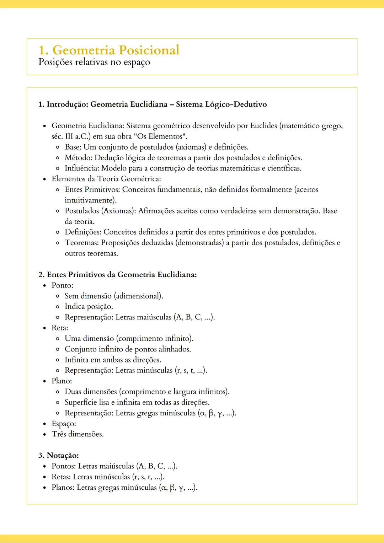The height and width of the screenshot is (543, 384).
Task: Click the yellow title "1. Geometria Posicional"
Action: click(x=109, y=50)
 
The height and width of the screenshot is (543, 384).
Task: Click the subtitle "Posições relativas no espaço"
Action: click(x=94, y=62)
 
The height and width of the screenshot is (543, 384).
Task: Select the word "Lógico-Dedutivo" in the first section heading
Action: click(x=236, y=104)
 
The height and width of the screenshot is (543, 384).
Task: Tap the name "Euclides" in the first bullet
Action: click(x=263, y=126)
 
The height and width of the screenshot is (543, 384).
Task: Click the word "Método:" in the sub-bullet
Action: click(x=79, y=158)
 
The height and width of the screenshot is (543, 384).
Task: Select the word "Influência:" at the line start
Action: click(x=82, y=168)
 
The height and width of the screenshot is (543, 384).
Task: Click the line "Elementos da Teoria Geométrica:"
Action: click(x=106, y=179)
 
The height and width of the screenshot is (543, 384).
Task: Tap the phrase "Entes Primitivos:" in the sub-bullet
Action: click(x=92, y=190)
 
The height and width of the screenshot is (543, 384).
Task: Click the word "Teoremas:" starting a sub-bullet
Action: click(x=82, y=243)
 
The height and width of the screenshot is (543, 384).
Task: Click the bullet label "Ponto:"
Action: click(x=62, y=285)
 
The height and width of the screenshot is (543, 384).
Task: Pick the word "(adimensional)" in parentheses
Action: click(x=138, y=296)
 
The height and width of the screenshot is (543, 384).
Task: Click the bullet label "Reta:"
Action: click(x=60, y=328)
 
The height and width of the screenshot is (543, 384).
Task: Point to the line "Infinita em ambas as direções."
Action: click(x=113, y=360)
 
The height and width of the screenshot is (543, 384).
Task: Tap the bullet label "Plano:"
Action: click(x=62, y=381)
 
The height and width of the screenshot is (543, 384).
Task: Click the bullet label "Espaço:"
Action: click(x=64, y=424)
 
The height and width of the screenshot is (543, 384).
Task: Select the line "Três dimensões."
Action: click(x=78, y=434)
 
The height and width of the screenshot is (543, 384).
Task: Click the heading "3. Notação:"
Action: click(x=59, y=456)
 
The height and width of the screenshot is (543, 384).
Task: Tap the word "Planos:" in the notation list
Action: click(x=63, y=488)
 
